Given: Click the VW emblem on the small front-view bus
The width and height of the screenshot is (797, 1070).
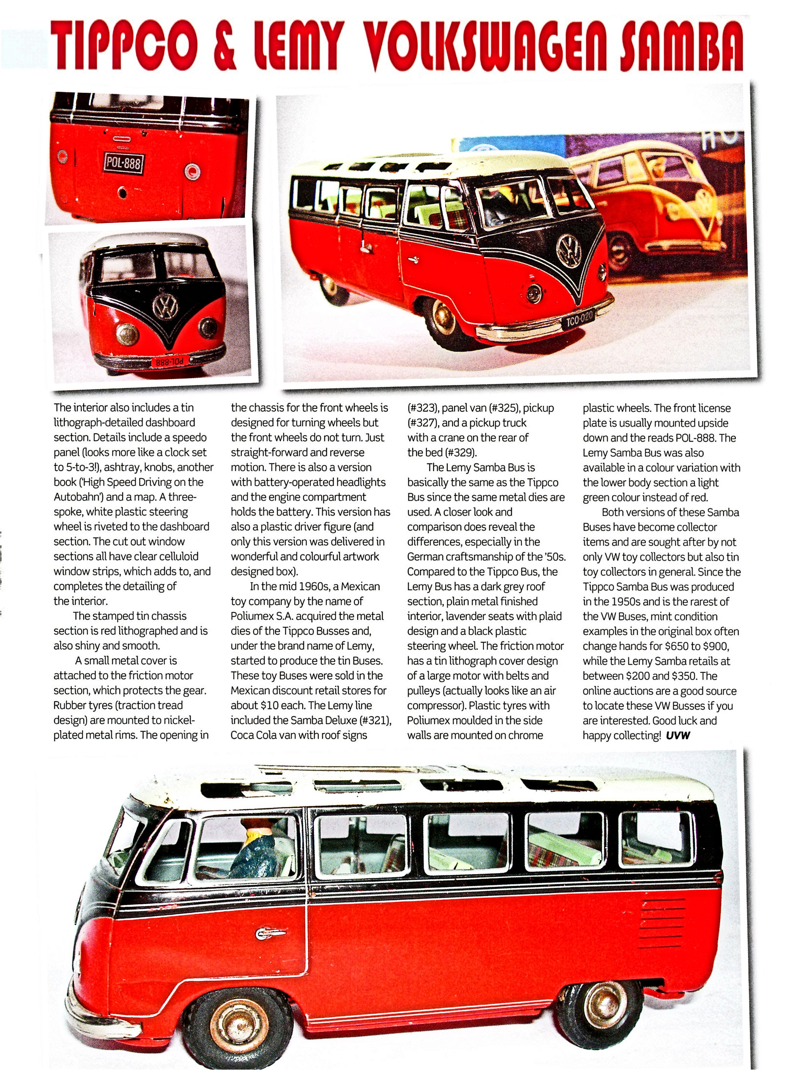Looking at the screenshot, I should point(165,306).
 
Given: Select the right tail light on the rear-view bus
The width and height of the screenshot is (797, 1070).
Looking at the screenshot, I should point(192,171).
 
